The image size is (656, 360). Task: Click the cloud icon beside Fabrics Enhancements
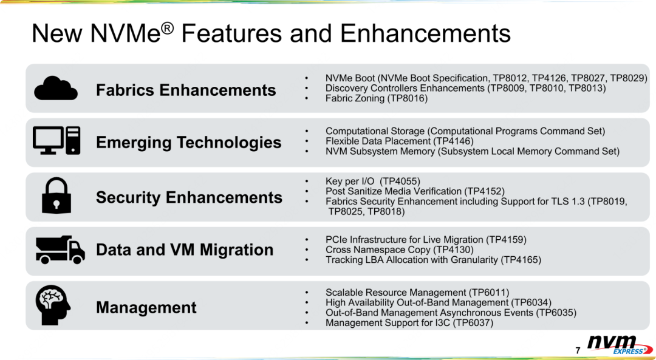pos(56,88)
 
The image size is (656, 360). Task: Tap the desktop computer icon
pos(56,141)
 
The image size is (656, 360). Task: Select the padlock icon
pos(56,195)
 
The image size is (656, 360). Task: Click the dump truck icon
pos(60,250)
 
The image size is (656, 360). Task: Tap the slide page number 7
pos(578,350)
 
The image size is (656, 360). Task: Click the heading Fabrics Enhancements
pos(186,90)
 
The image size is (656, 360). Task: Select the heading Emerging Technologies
pos(189,143)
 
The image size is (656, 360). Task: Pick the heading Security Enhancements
pos(189,197)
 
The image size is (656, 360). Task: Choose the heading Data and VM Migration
pos(185,250)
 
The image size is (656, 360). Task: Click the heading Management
pos(146,308)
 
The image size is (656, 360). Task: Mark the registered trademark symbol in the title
pos(168,27)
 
